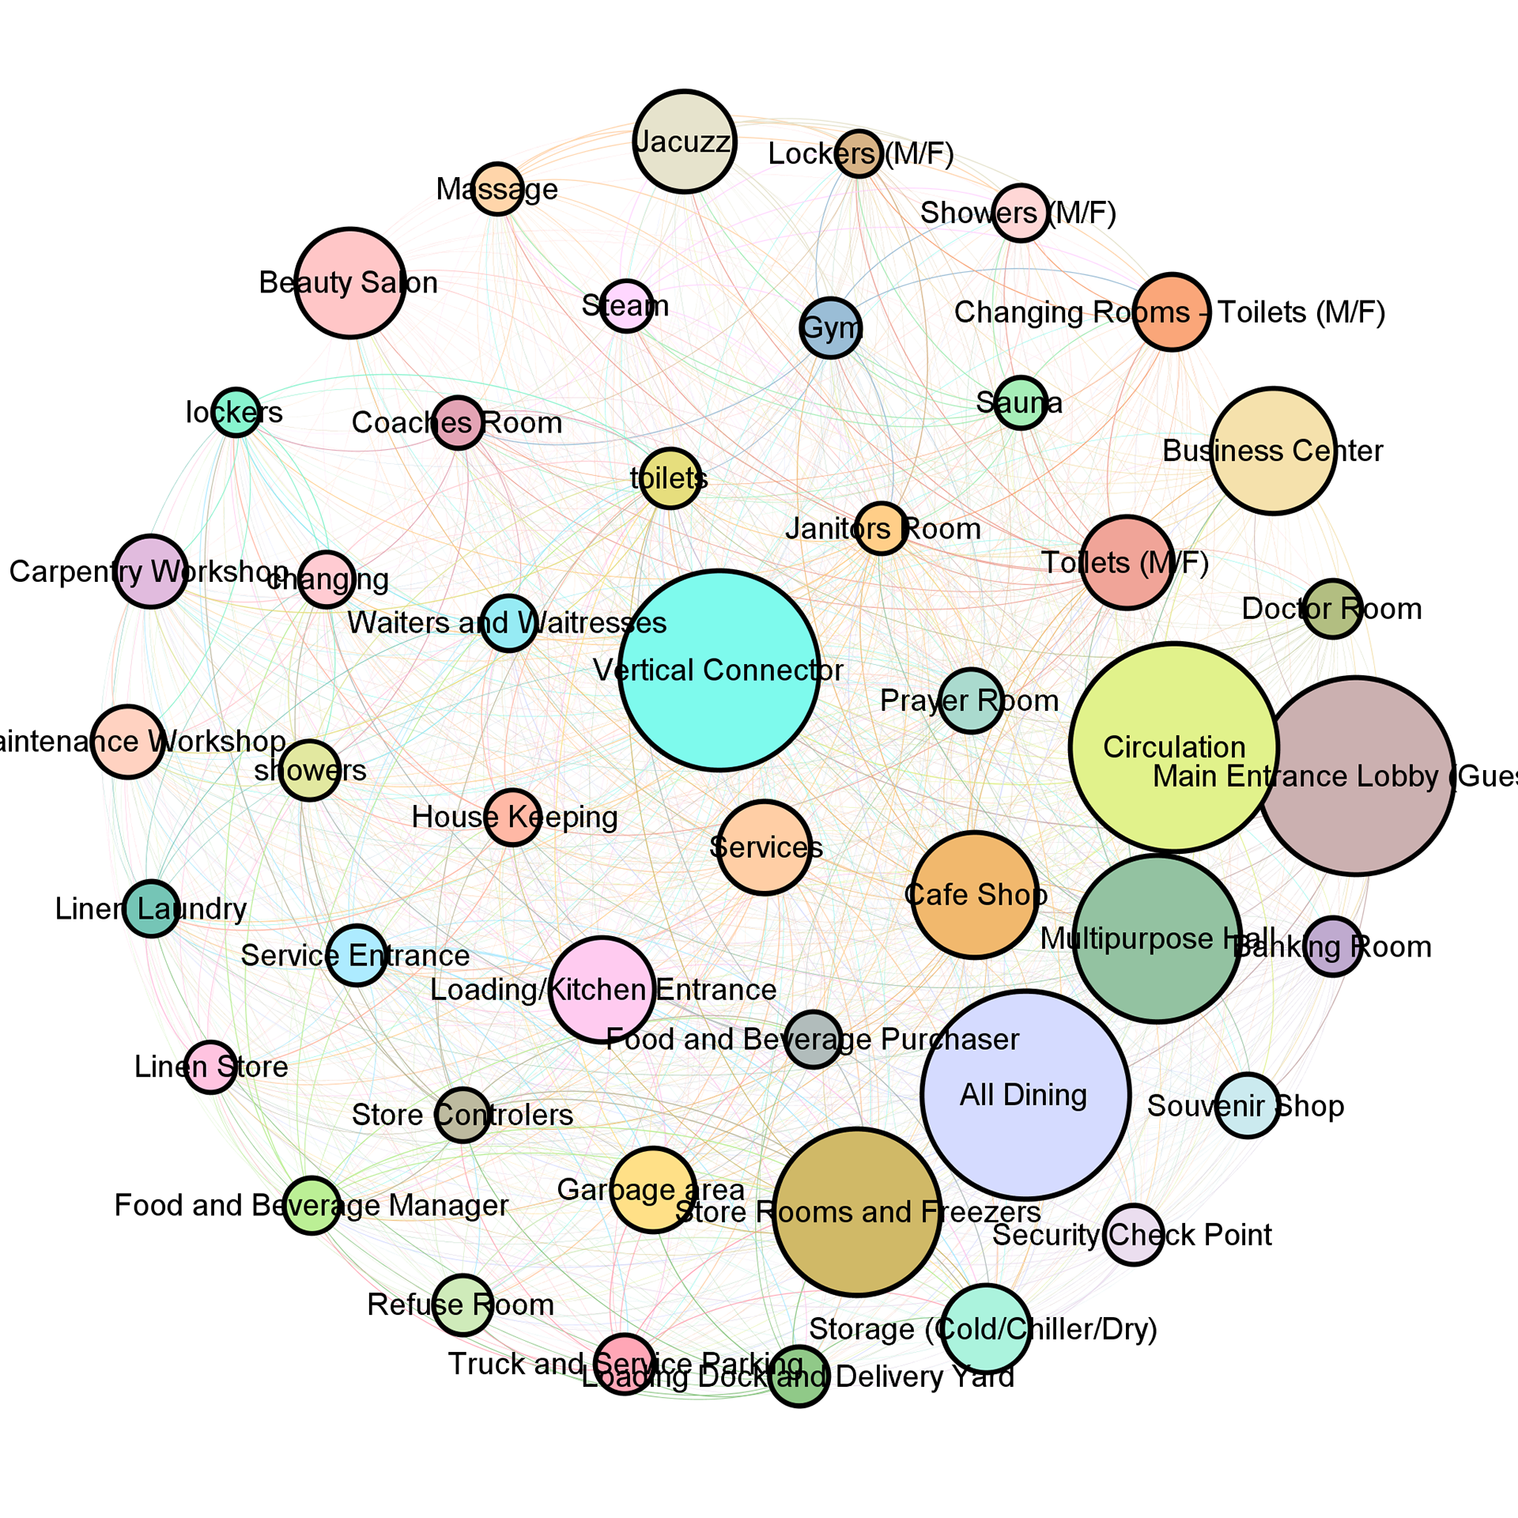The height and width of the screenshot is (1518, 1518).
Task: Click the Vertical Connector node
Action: tap(719, 670)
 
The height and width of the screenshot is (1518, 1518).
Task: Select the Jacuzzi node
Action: tap(685, 142)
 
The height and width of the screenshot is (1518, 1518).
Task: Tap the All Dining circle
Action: tap(1025, 1094)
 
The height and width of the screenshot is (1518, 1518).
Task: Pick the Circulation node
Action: tap(1174, 747)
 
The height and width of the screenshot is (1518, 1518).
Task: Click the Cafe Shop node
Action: tap(976, 894)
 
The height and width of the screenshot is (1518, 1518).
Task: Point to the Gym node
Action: tap(830, 327)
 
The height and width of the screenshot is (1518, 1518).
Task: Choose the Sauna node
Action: tap(1020, 403)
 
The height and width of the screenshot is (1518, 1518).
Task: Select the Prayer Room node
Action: tap(971, 700)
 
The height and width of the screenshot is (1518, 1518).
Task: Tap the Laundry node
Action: tap(152, 909)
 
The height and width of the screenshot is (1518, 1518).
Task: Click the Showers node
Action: tap(310, 770)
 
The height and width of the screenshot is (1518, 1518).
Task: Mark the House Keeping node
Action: tap(512, 817)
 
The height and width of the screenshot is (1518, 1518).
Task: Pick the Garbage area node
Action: tap(653, 1190)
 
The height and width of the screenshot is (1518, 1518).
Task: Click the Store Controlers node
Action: tap(462, 1115)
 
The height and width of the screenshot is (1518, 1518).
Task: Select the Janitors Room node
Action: tap(879, 528)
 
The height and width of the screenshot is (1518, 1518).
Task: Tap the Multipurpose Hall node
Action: tap(1157, 938)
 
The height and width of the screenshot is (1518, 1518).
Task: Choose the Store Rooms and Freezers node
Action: tap(857, 1211)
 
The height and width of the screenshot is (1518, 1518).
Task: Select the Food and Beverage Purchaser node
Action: tap(813, 1039)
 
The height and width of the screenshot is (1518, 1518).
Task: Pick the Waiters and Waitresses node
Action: tap(509, 623)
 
